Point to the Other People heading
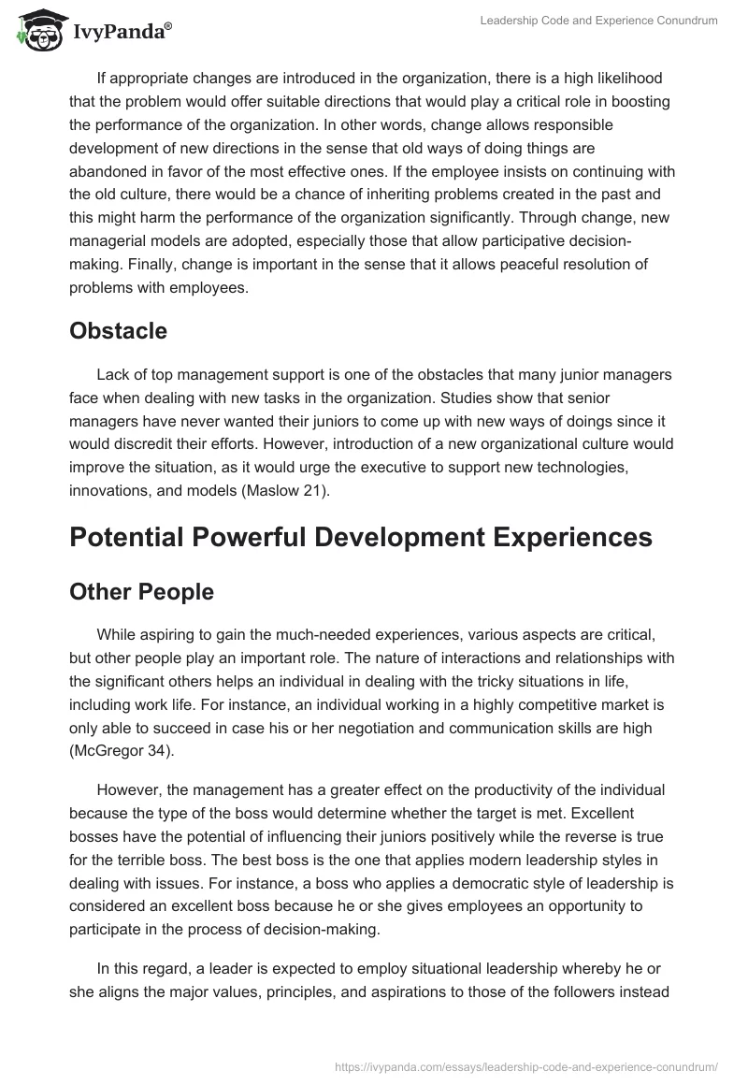click(141, 592)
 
